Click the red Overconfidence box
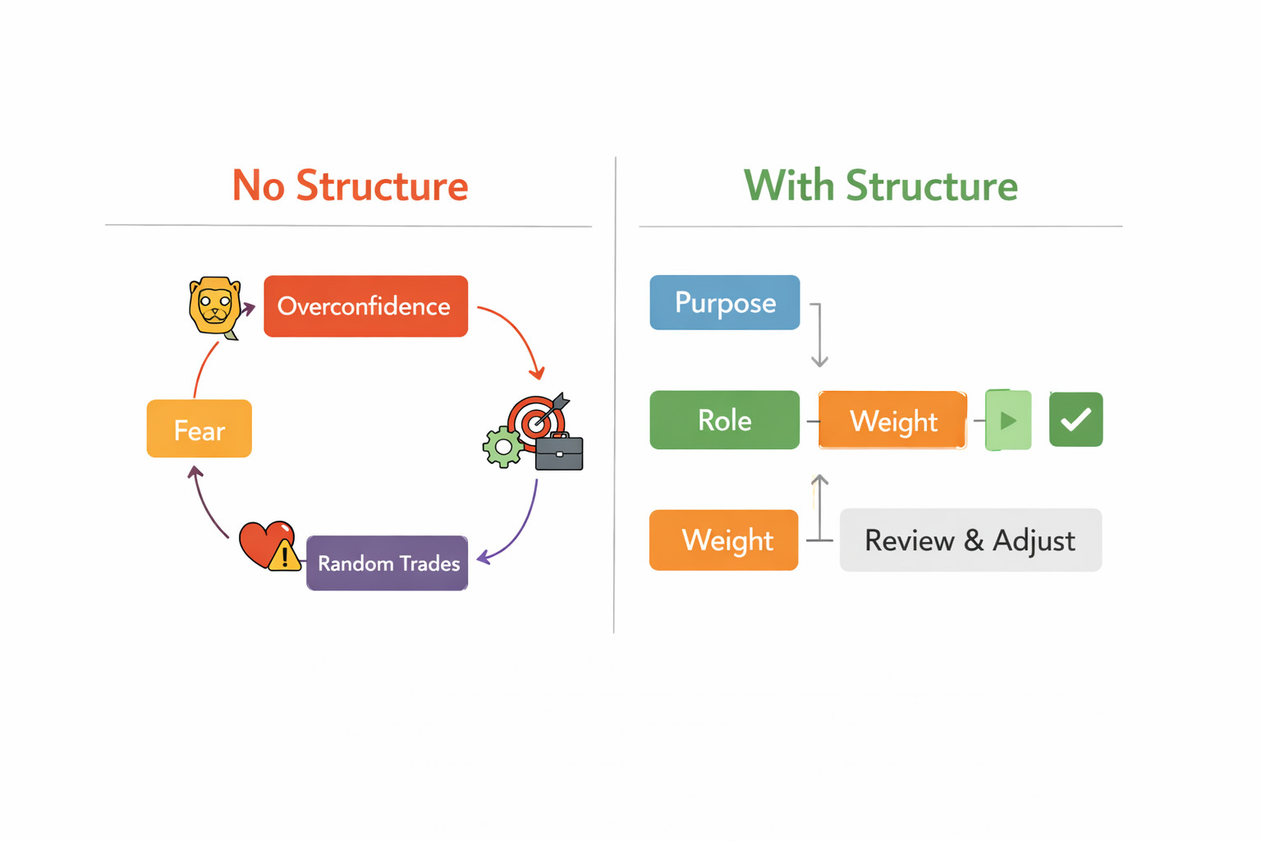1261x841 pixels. [365, 306]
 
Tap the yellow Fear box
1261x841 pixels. [199, 429]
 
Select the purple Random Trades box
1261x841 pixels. [387, 563]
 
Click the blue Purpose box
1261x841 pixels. [725, 302]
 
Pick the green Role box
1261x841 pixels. [725, 420]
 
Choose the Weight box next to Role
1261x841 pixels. [893, 420]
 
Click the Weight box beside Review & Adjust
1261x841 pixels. [723, 540]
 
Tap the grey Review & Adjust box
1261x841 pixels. [970, 540]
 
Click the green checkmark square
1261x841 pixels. [1075, 419]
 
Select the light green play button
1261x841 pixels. [1008, 420]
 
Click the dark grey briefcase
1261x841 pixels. [559, 452]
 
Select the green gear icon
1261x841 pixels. [502, 448]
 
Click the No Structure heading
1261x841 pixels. [350, 185]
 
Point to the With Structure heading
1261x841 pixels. [880, 185]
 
